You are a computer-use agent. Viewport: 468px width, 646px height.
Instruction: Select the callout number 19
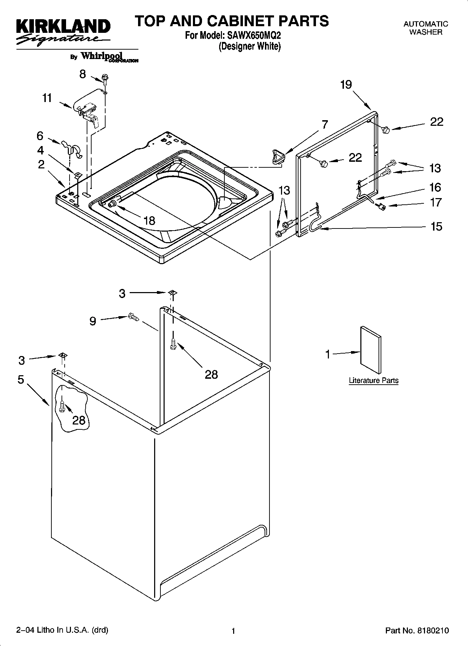[x=346, y=85]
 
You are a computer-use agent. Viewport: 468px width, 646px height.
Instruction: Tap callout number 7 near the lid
[x=325, y=125]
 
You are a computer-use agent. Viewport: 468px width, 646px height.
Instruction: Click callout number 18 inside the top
[x=149, y=220]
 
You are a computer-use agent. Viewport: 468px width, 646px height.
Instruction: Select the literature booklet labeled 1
[x=370, y=350]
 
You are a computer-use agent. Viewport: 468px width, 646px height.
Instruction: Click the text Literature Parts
[x=374, y=380]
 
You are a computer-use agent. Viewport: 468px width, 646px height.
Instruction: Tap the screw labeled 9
[x=133, y=317]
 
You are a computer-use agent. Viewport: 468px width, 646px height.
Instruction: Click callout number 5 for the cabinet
[x=21, y=379]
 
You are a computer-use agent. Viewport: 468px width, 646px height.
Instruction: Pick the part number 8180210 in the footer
[x=433, y=631]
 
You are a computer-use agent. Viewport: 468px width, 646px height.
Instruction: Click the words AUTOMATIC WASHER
[x=425, y=28]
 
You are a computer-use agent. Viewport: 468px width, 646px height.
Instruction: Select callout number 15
[x=436, y=227]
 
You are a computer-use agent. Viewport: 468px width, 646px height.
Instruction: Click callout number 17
[x=435, y=202]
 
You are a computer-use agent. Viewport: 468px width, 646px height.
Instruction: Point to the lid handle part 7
[x=278, y=155]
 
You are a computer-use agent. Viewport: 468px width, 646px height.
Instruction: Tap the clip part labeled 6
[x=71, y=148]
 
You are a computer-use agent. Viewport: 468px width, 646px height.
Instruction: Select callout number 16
[x=435, y=187]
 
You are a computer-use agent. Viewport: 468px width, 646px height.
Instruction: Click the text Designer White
[x=250, y=46]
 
